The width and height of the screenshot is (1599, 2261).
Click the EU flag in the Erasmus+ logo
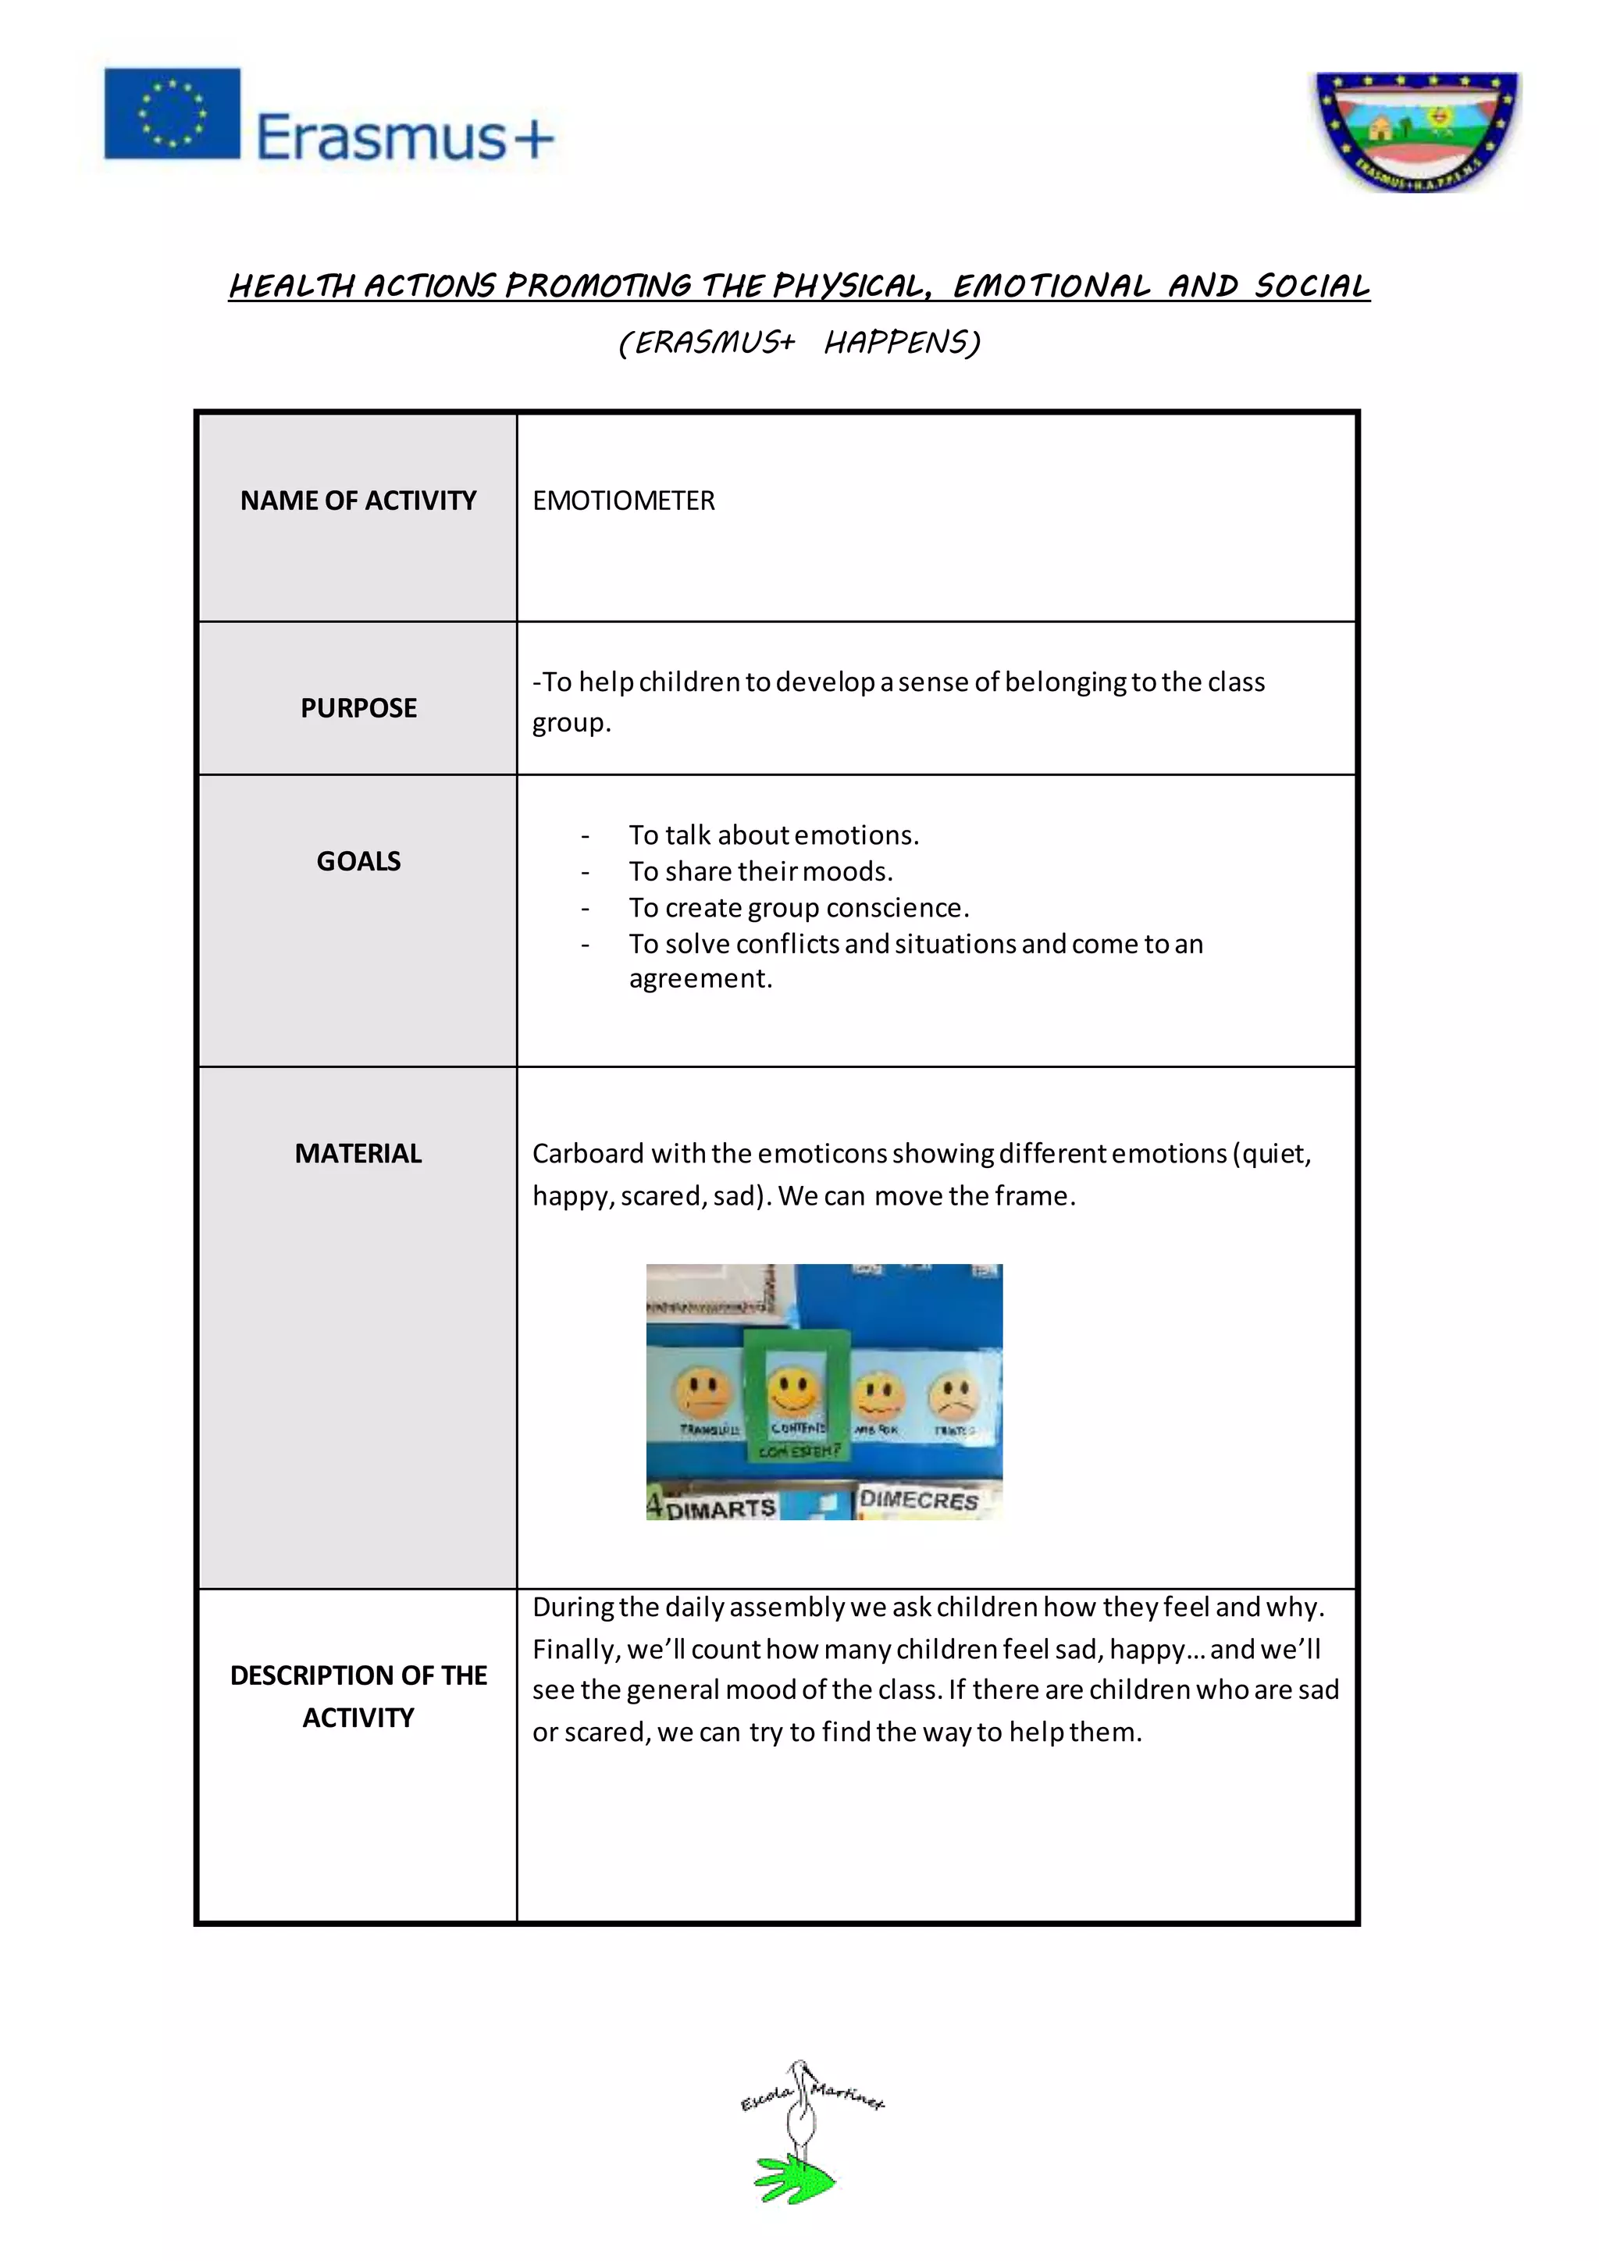[x=173, y=113]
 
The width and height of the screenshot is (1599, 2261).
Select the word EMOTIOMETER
[x=623, y=500]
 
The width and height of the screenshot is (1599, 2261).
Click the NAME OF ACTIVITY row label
[x=358, y=500]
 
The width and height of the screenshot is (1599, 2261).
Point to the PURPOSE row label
[x=358, y=707]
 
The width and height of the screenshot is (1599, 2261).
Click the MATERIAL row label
[x=358, y=1153]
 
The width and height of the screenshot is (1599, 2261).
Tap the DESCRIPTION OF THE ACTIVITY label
[x=358, y=1696]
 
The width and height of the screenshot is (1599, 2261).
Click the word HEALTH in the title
[x=291, y=287]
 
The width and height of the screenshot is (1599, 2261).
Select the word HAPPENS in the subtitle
[x=902, y=343]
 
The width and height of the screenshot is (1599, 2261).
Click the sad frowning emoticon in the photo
[x=952, y=1394]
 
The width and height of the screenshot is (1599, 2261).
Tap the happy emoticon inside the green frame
[x=795, y=1390]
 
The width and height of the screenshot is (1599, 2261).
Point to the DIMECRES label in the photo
[x=917, y=1500]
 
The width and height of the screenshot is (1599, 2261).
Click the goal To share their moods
[x=760, y=871]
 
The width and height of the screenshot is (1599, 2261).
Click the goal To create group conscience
[x=799, y=907]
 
